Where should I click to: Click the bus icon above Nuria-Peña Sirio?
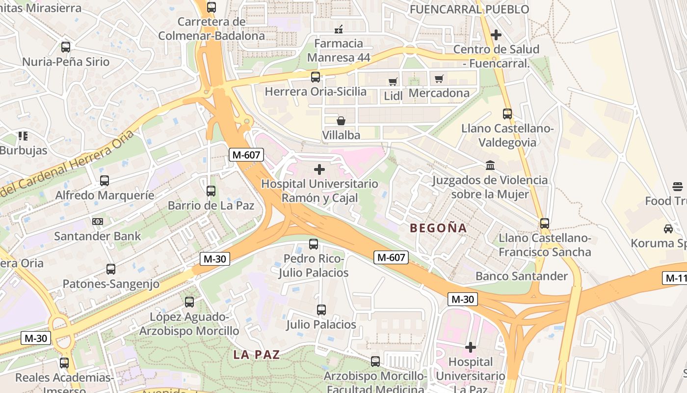click(x=65, y=47)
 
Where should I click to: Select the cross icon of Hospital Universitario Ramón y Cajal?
click(x=319, y=169)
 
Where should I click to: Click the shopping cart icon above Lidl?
click(x=393, y=82)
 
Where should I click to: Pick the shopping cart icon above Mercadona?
click(x=439, y=79)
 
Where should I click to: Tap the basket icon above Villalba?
click(x=341, y=120)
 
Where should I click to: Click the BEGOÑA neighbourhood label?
click(x=438, y=228)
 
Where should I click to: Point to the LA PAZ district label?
click(x=256, y=355)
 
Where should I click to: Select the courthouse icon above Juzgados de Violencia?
click(x=490, y=166)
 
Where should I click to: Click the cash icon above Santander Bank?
click(x=98, y=222)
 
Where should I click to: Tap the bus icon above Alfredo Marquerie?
click(x=104, y=180)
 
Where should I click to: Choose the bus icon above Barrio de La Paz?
click(x=211, y=191)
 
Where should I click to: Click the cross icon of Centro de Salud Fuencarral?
click(x=496, y=35)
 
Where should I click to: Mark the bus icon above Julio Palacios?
click(x=321, y=310)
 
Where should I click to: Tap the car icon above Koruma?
click(x=668, y=228)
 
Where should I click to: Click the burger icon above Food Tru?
click(x=678, y=186)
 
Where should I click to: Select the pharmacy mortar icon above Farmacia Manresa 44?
click(x=338, y=29)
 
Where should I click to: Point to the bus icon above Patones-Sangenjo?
click(x=111, y=269)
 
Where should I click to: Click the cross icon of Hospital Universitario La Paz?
click(x=471, y=347)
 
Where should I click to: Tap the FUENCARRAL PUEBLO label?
click(x=469, y=9)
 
